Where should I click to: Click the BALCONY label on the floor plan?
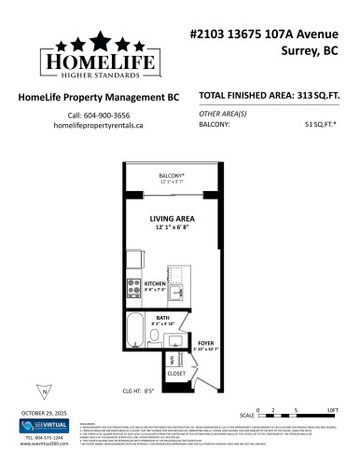coord(172,175)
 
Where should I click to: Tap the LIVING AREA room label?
coord(172,219)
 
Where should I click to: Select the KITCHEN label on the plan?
coord(154,283)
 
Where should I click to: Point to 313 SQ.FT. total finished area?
coord(322,96)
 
